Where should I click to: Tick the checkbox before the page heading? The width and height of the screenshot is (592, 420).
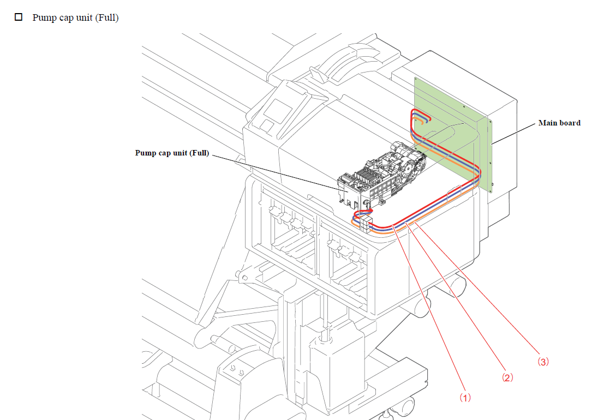click(19, 17)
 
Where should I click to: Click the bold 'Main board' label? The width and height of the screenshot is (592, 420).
click(559, 123)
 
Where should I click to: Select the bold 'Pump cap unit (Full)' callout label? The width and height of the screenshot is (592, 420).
click(172, 153)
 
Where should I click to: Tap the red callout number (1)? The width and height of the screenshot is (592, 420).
click(464, 398)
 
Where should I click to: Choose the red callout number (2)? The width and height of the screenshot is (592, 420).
click(507, 377)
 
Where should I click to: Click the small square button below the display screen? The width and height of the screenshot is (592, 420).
click(267, 126)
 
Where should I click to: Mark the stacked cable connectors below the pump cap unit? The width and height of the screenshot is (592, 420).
click(366, 223)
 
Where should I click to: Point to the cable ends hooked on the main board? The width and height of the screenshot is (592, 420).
click(421, 118)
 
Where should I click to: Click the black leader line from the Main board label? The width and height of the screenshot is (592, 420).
click(513, 133)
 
